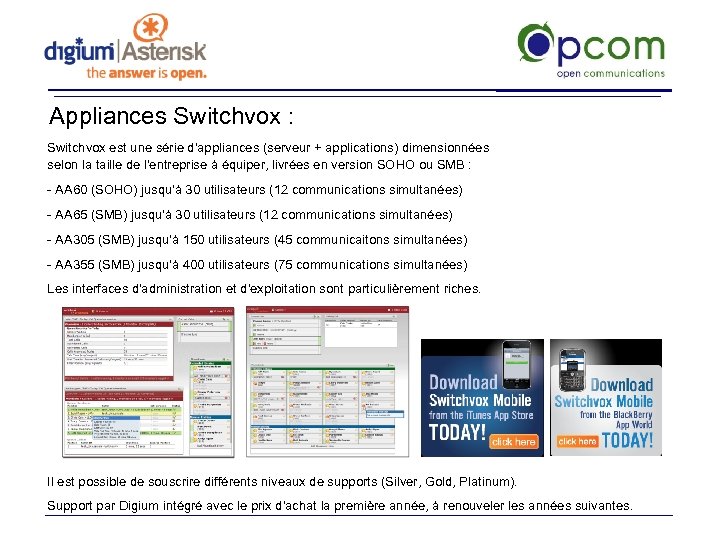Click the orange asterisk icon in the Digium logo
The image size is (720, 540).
click(x=152, y=30)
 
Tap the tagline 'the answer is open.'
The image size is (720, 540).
click(x=146, y=73)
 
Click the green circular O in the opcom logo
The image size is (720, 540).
click(x=536, y=44)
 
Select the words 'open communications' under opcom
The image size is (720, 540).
click(x=610, y=73)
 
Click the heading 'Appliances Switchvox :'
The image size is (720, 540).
click(x=171, y=117)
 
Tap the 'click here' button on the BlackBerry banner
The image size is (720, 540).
click(x=577, y=441)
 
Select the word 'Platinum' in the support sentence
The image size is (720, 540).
click(x=483, y=482)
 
